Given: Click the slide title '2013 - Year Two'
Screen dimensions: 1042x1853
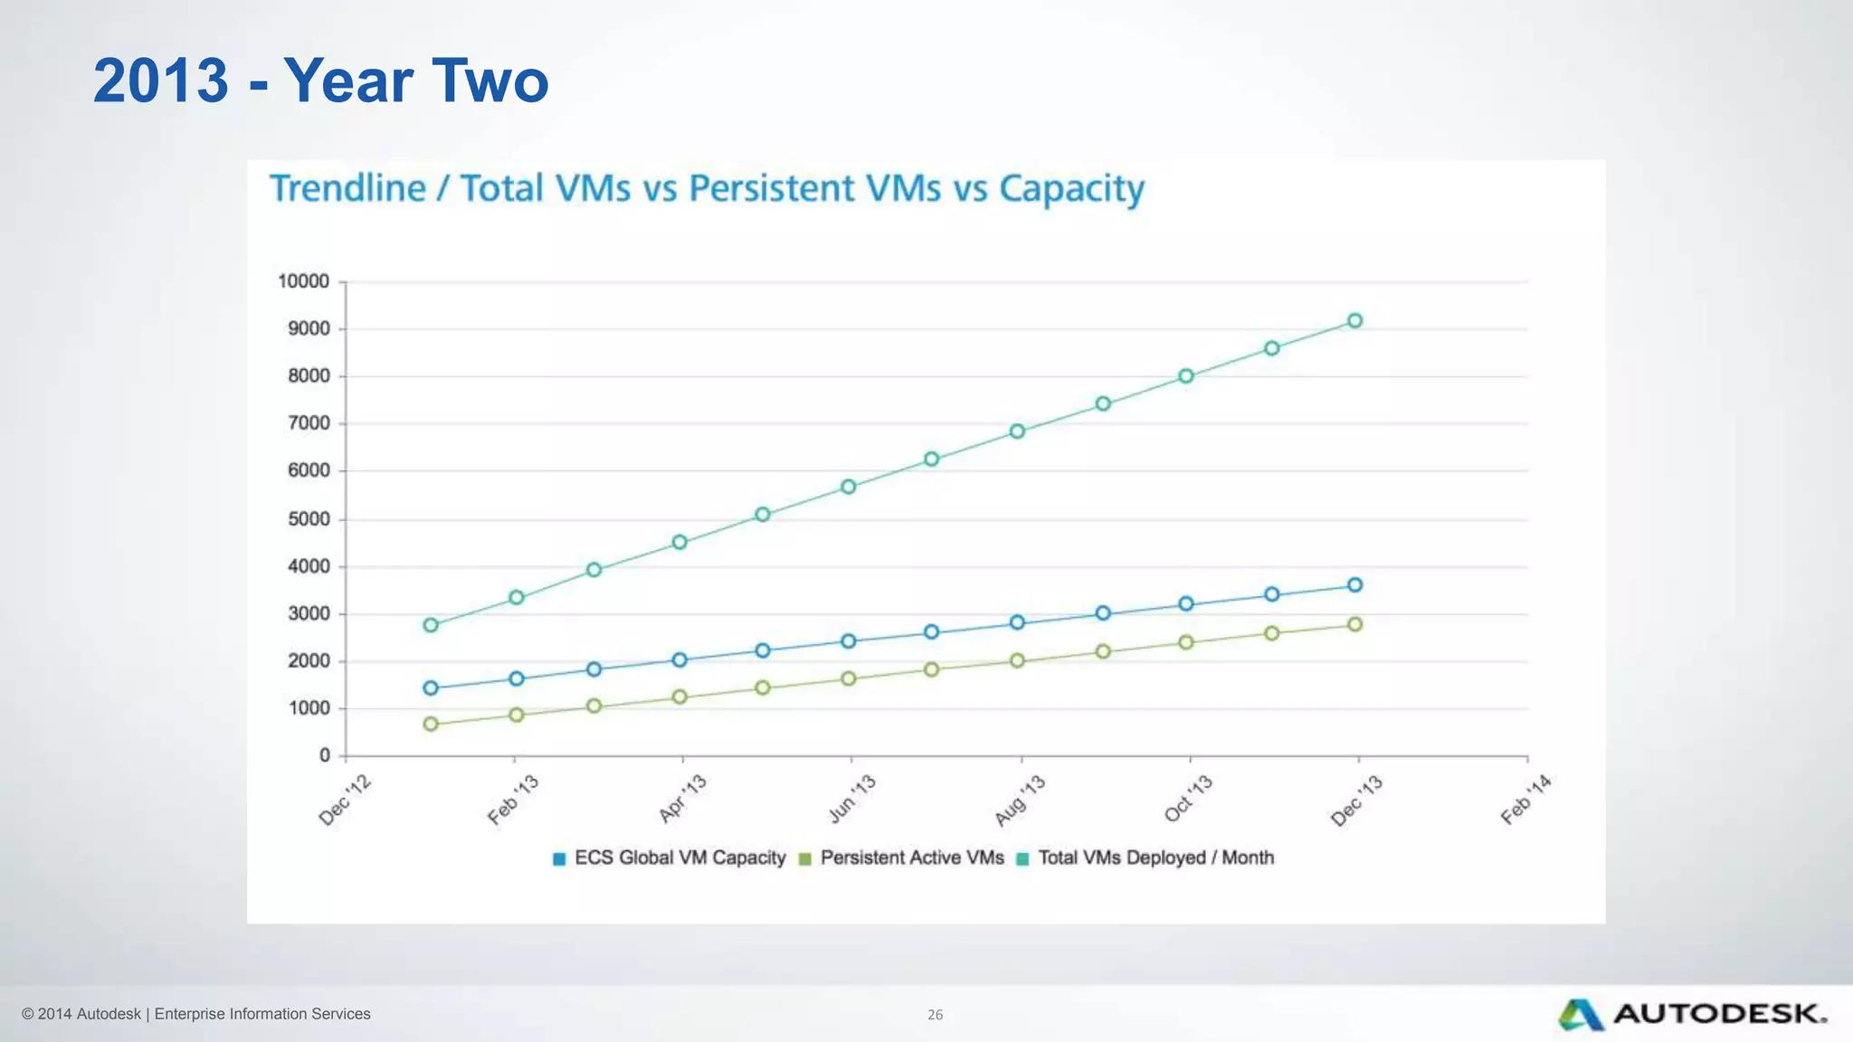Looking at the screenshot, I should [x=320, y=81].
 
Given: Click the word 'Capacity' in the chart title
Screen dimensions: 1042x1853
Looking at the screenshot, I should [x=1071, y=188].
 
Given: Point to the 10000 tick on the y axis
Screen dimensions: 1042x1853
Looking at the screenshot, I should [x=303, y=281].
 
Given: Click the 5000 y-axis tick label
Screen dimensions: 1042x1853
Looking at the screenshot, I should [x=309, y=519].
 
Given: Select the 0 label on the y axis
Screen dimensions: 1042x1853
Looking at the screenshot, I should [x=325, y=755].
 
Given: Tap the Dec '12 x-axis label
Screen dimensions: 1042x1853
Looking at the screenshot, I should [x=345, y=800].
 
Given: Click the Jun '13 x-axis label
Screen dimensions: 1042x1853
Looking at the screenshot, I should [x=851, y=799].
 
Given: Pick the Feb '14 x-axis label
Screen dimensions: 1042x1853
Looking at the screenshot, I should [x=1525, y=800].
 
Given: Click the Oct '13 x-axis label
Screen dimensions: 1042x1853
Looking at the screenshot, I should [x=1188, y=799].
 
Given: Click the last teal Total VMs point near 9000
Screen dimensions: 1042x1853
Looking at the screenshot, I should [x=1354, y=320].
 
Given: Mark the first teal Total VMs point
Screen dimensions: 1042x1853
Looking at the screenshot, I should [x=431, y=625].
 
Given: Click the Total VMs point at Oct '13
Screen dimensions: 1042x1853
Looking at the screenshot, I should [x=1186, y=376].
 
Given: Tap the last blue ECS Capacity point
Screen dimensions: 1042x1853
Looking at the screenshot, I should [x=1354, y=585].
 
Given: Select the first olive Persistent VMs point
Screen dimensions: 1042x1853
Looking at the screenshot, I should [x=431, y=724].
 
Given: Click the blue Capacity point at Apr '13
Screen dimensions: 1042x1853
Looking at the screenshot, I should [x=679, y=659].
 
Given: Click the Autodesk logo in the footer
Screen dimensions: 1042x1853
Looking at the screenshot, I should [x=1692, y=1014].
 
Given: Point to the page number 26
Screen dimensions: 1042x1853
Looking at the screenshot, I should [x=935, y=1015].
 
